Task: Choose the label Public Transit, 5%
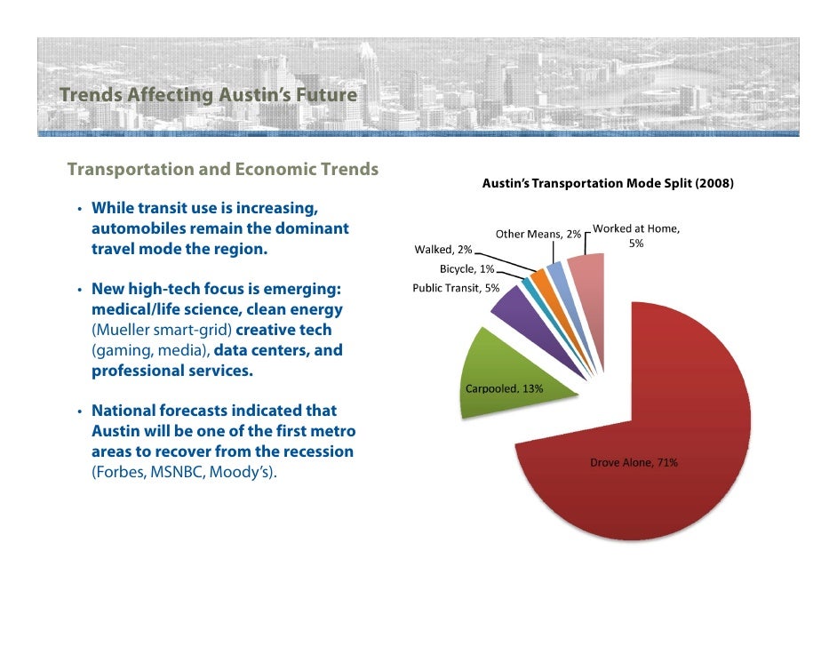[456, 287]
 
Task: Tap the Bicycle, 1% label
[466, 268]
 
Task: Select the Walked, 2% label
[443, 250]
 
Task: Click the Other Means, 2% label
[538, 234]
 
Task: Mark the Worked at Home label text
[636, 236]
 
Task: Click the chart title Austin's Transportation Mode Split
[607, 184]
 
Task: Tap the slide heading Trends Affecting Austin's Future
[208, 95]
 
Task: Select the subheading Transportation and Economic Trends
[223, 169]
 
